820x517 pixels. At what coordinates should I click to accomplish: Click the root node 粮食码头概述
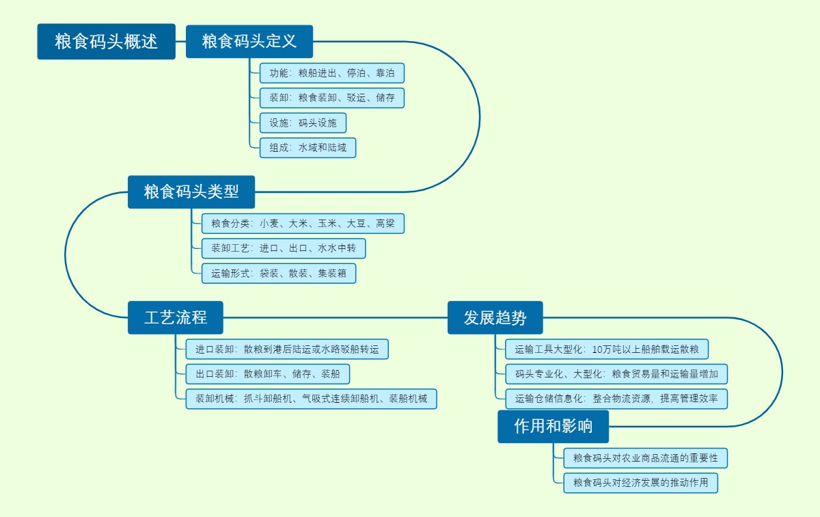coord(106,42)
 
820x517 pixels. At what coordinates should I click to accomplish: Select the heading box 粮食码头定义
coord(249,42)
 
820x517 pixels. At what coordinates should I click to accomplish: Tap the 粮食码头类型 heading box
coord(191,192)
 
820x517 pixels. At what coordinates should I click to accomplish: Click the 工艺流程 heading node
coord(175,318)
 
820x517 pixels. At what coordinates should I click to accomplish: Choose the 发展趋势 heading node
coord(495,318)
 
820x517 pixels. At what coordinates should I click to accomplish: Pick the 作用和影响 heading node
coord(553,427)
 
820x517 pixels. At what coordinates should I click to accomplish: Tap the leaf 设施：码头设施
coord(303,123)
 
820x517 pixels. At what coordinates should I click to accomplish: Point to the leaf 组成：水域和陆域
coord(307,148)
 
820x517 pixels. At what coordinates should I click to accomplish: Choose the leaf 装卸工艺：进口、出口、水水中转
coord(284,248)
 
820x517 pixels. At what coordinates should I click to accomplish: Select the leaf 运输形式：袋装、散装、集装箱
coord(278,274)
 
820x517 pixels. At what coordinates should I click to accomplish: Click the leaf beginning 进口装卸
coord(288,349)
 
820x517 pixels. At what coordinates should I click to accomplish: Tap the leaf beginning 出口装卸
coord(268,374)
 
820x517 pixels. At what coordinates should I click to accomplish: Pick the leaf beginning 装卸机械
coord(311,399)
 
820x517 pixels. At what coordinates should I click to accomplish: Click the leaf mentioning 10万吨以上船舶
coord(607,349)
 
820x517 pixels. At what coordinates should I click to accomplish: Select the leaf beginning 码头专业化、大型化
coord(616,374)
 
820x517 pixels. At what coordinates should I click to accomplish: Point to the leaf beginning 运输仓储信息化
coord(616,399)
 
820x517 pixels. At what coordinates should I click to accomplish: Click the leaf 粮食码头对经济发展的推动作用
coord(641,483)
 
